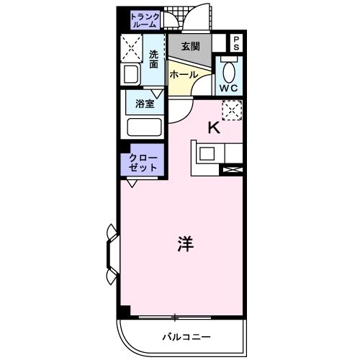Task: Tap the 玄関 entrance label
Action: point(190,47)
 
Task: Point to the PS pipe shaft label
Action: point(235,42)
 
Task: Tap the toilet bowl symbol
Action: point(230,72)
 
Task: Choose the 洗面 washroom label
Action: point(154,58)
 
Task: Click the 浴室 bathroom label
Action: point(145,104)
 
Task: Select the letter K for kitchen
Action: point(213,128)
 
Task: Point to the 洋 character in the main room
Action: point(185,243)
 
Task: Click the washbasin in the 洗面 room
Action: point(132,75)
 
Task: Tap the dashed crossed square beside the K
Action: point(231,110)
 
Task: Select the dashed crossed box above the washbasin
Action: point(132,48)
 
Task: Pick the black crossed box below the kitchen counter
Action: point(233,170)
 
